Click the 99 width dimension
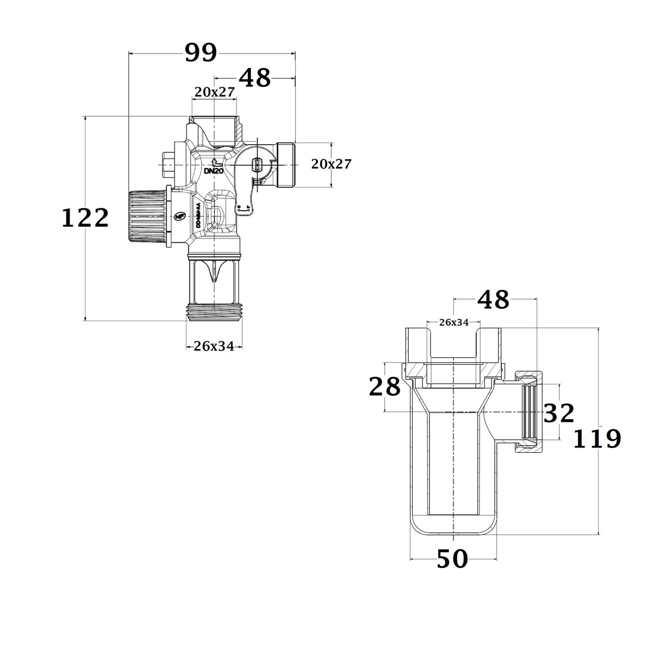pyautogui.click(x=201, y=53)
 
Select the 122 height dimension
pyautogui.click(x=85, y=219)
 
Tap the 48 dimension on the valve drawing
pyautogui.click(x=254, y=78)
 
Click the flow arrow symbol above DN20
pyautogui.click(x=215, y=162)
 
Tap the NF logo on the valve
pyautogui.click(x=178, y=216)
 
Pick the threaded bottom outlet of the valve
pyautogui.click(x=214, y=312)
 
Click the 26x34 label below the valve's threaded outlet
pyautogui.click(x=214, y=346)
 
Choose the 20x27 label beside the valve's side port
pyautogui.click(x=331, y=164)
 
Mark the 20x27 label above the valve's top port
pyautogui.click(x=214, y=92)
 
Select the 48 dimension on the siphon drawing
pyautogui.click(x=493, y=299)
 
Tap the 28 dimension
pyautogui.click(x=384, y=387)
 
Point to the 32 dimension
pyautogui.click(x=558, y=414)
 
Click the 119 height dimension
pyautogui.click(x=597, y=439)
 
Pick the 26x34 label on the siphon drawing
pyautogui.click(x=453, y=322)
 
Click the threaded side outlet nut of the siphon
pyautogui.click(x=527, y=412)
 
